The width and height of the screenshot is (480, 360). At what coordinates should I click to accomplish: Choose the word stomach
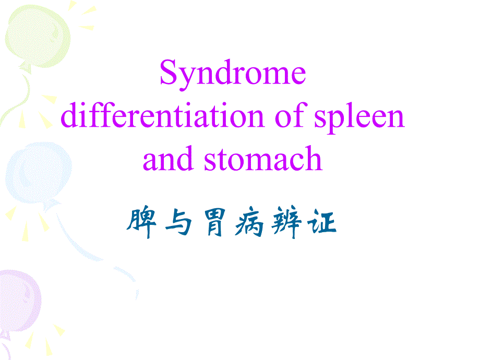(263, 160)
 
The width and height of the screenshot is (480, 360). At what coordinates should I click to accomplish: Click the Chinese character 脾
(141, 224)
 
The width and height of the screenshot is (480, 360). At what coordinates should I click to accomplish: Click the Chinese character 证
(322, 224)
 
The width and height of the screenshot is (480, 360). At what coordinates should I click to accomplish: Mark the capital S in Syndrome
(168, 74)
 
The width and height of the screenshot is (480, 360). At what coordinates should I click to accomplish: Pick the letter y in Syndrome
(186, 78)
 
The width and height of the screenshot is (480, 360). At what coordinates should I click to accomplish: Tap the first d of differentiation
(70, 117)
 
